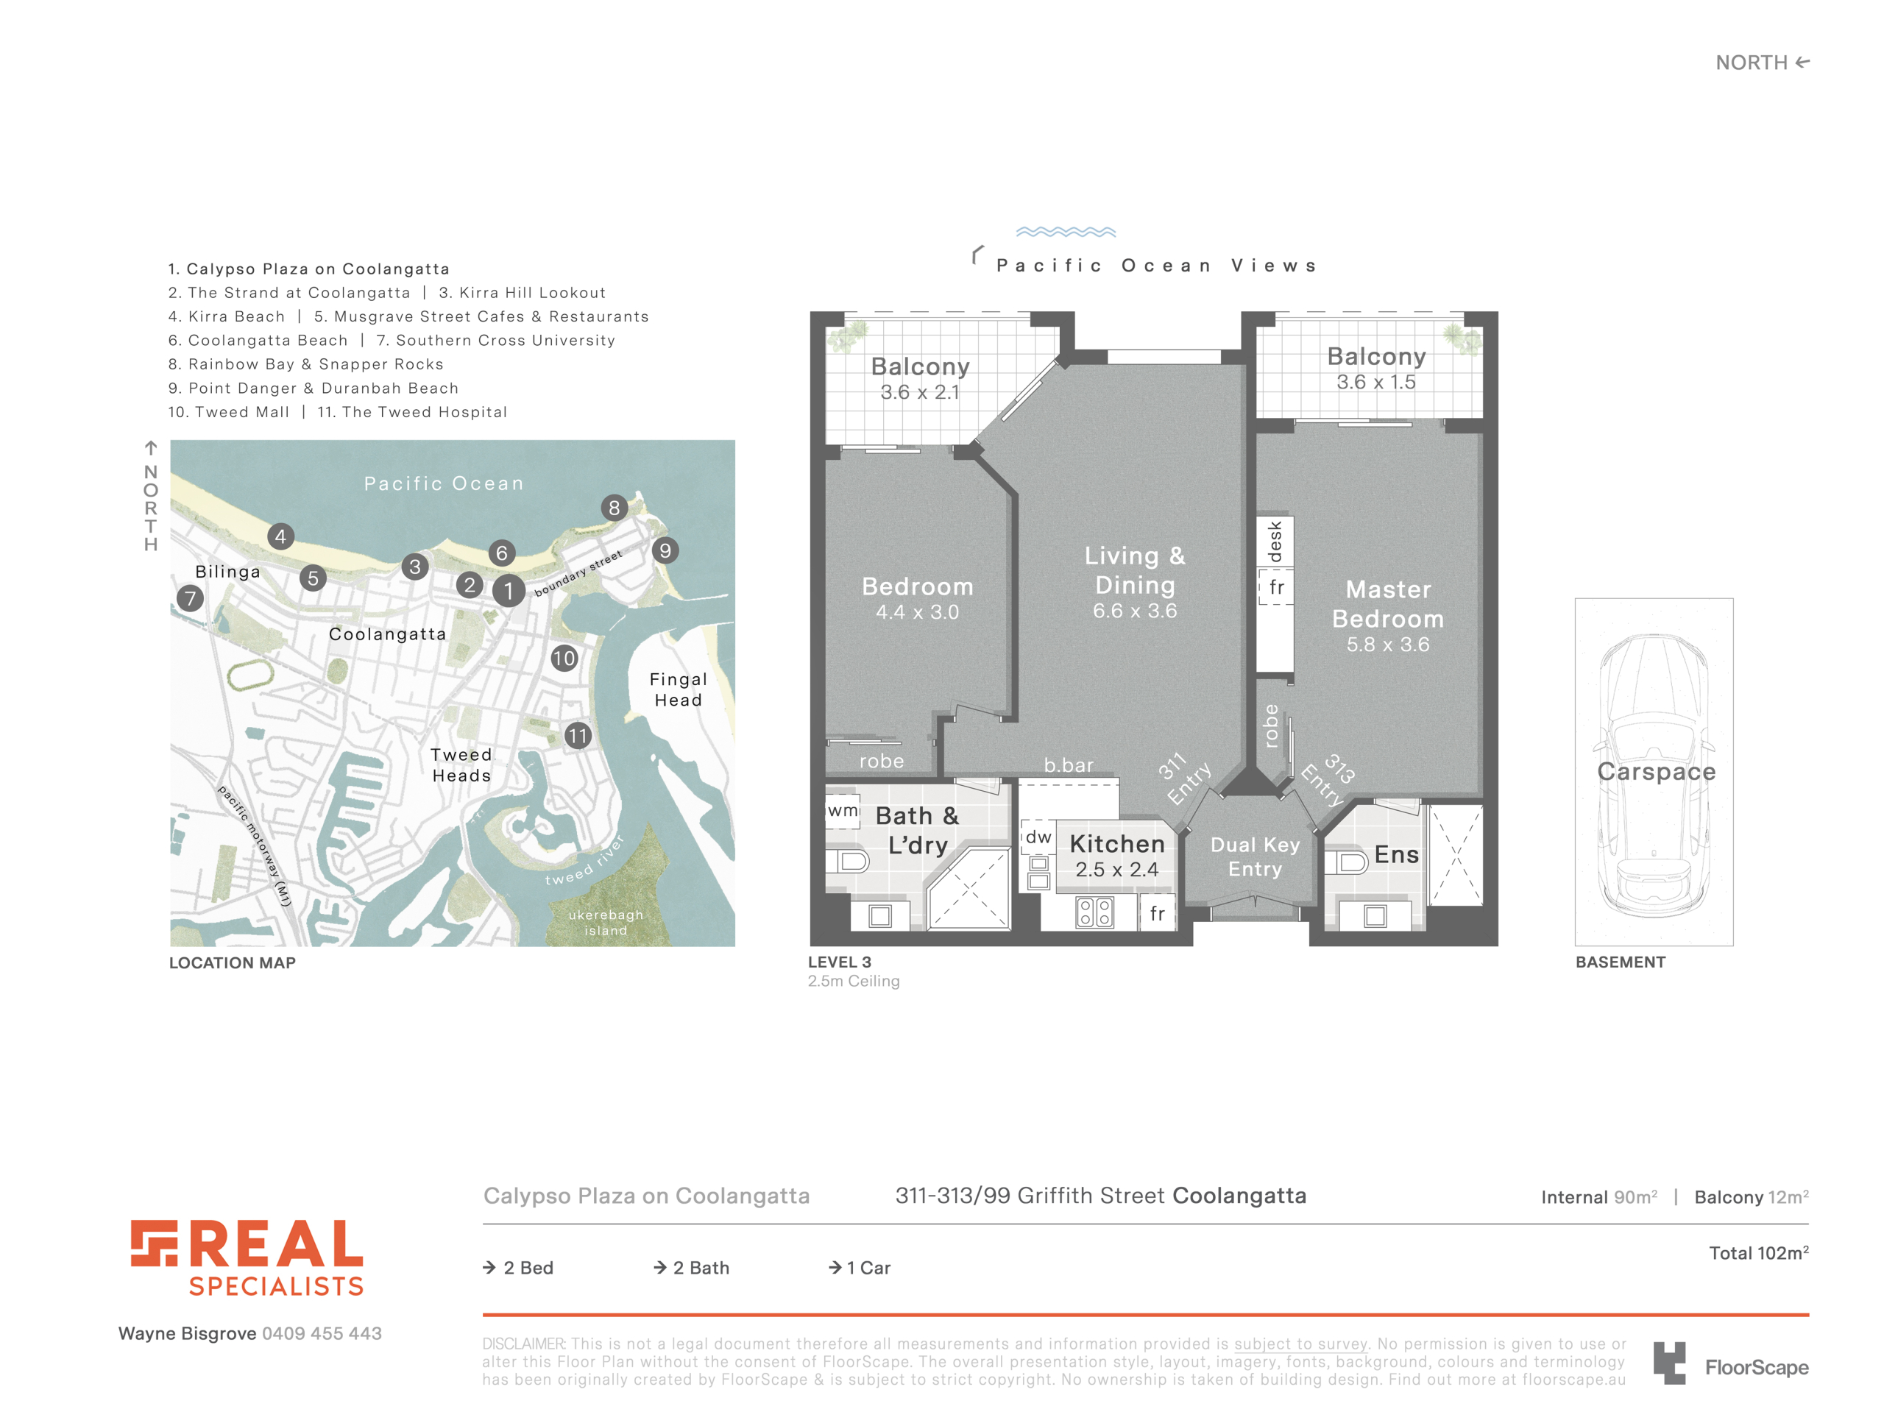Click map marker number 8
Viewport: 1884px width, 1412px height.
click(x=614, y=508)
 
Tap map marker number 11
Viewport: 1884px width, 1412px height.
click(x=578, y=736)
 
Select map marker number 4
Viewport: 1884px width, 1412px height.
click(x=281, y=536)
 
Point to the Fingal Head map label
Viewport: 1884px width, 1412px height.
click(x=678, y=690)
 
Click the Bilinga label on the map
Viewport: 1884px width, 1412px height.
click(x=227, y=572)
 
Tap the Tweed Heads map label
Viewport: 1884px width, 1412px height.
click(x=461, y=764)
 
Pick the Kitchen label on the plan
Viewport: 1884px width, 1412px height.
click(x=1116, y=844)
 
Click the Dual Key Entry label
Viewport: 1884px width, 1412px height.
click(x=1255, y=856)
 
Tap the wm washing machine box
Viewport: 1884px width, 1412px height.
click(x=843, y=811)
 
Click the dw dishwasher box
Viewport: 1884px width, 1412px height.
click(x=1038, y=837)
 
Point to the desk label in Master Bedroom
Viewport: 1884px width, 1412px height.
click(x=1275, y=542)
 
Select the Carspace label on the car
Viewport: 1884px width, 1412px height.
click(x=1656, y=772)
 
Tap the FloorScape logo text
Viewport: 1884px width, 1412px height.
click(x=1756, y=1368)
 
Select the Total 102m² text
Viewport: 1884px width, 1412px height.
click(x=1759, y=1253)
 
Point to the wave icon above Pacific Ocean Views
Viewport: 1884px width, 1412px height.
click(x=1066, y=232)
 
